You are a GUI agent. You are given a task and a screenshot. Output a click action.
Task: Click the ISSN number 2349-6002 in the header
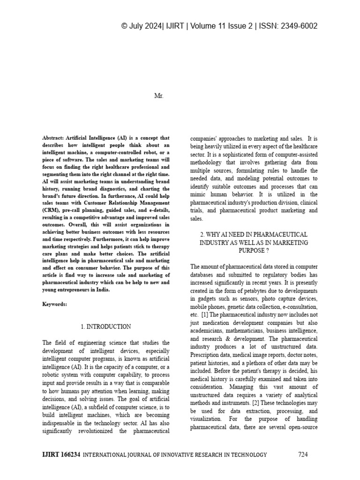(x=300, y=26)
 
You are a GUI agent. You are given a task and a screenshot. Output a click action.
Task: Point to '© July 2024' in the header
(x=142, y=26)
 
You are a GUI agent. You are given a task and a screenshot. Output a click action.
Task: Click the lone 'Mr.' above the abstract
(x=158, y=96)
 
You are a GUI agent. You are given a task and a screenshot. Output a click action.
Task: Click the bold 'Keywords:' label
(x=55, y=304)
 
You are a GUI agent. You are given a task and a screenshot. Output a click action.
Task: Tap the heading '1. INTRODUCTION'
(x=105, y=326)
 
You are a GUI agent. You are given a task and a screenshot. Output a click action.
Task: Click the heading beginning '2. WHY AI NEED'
(x=254, y=234)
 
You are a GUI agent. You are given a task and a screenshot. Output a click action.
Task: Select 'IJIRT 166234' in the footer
(x=61, y=454)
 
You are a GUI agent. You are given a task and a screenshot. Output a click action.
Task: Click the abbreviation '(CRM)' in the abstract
(x=52, y=210)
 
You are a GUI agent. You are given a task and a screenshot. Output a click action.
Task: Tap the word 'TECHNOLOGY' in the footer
(x=250, y=455)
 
